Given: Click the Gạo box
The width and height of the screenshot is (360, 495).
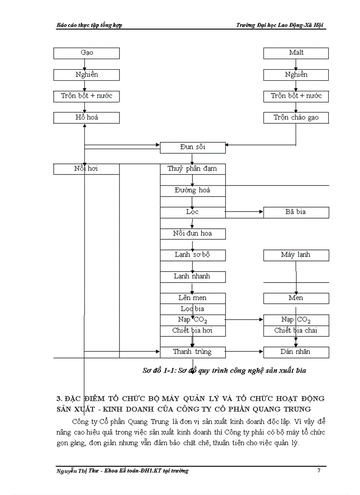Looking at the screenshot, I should pyautogui.click(x=86, y=53).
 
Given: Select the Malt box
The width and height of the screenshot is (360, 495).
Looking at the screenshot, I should pyautogui.click(x=296, y=53).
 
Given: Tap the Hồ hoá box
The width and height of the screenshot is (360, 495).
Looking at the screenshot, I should pyautogui.click(x=86, y=118).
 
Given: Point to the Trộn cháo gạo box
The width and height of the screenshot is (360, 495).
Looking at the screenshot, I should pyautogui.click(x=296, y=118).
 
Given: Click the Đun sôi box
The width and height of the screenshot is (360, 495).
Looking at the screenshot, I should pyautogui.click(x=192, y=147).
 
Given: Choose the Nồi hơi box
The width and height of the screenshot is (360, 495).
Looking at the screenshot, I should pyautogui.click(x=86, y=169).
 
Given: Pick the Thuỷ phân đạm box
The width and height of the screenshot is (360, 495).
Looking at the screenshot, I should pyautogui.click(x=192, y=169).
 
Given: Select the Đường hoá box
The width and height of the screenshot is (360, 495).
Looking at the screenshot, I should pyautogui.click(x=192, y=190).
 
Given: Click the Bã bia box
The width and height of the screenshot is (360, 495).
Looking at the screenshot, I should pyautogui.click(x=296, y=212).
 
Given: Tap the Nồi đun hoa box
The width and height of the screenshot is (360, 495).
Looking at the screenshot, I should pyautogui.click(x=192, y=234).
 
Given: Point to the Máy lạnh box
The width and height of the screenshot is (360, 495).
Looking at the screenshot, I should pyautogui.click(x=296, y=255).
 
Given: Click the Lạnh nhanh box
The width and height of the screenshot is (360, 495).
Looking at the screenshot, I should pyautogui.click(x=192, y=276).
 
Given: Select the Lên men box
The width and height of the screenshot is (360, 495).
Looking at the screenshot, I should pyautogui.click(x=192, y=298).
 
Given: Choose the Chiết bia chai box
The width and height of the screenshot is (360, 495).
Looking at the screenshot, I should pyautogui.click(x=296, y=331).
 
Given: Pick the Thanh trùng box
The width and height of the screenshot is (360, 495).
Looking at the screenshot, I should pyautogui.click(x=192, y=352).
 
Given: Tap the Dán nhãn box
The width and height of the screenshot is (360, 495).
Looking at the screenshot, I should pyautogui.click(x=296, y=352).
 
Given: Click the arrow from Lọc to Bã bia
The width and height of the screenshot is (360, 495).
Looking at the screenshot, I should pyautogui.click(x=244, y=212).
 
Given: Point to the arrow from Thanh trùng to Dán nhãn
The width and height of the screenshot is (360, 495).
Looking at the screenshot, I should pyautogui.click(x=244, y=352).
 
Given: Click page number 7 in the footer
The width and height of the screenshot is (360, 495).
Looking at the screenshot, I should pyautogui.click(x=319, y=471).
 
